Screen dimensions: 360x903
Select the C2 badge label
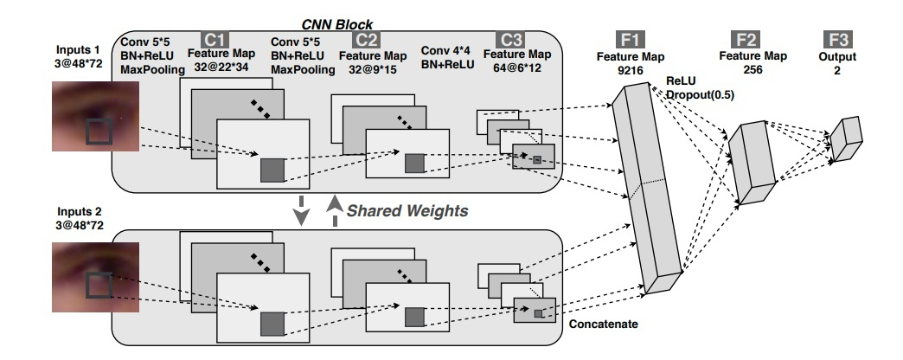[x=366, y=39]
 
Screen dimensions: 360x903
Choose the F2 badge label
[x=745, y=39]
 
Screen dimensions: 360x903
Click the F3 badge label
[x=839, y=39]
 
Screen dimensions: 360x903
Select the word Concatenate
[x=604, y=323]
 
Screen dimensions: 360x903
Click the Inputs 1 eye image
[x=96, y=116]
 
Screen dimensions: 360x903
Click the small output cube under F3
[x=847, y=132]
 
